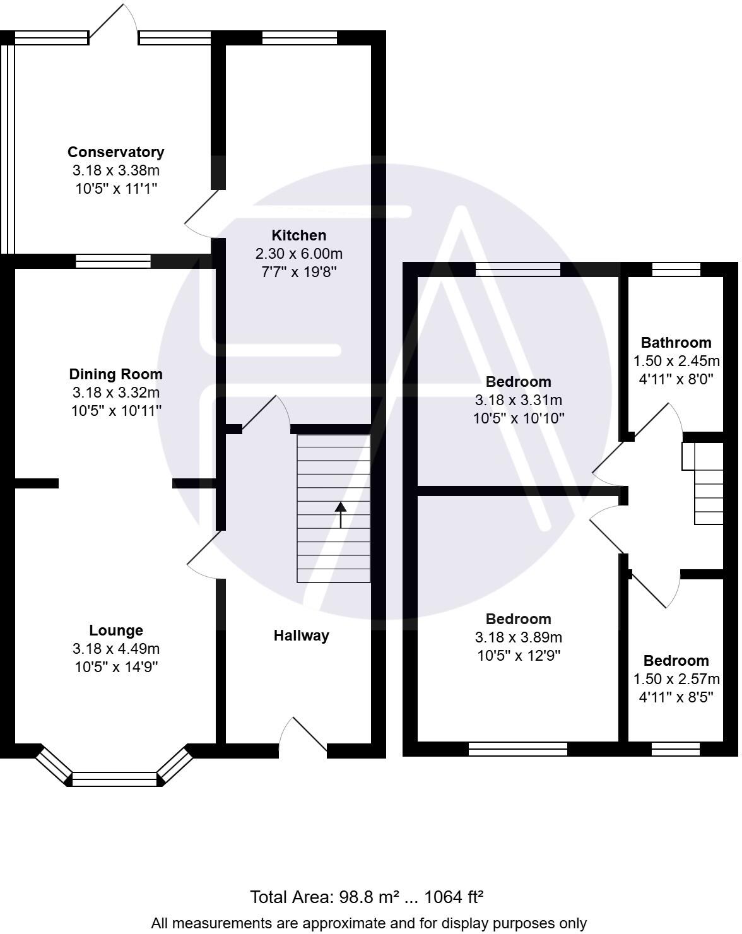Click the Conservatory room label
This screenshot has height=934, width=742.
pyautogui.click(x=115, y=152)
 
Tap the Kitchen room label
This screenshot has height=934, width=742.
pyautogui.click(x=298, y=235)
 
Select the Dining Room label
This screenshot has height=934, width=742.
pyautogui.click(x=115, y=374)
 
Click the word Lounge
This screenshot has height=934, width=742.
pyautogui.click(x=115, y=630)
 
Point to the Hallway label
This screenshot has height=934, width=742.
pyautogui.click(x=301, y=635)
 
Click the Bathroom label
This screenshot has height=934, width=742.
pyautogui.click(x=676, y=343)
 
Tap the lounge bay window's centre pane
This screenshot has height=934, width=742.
pyautogui.click(x=114, y=779)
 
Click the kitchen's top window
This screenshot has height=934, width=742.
pyautogui.click(x=300, y=38)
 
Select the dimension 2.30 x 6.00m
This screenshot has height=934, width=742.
pyautogui.click(x=298, y=254)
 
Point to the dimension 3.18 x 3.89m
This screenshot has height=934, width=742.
pyautogui.click(x=518, y=637)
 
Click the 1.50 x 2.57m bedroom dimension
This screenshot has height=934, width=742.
pyautogui.click(x=676, y=679)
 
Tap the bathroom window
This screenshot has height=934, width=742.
pyautogui.click(x=676, y=269)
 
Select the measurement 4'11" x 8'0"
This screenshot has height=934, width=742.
pyautogui.click(x=676, y=379)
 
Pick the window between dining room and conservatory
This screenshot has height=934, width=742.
pyautogui.click(x=113, y=261)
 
